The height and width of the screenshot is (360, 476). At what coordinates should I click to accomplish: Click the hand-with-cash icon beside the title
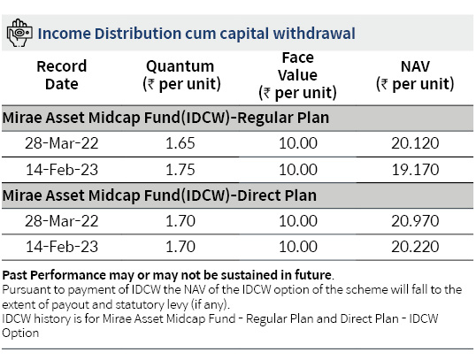coord(19,33)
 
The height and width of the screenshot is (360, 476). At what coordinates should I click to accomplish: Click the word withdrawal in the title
coord(314,33)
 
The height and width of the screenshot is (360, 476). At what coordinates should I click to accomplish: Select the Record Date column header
coord(62,75)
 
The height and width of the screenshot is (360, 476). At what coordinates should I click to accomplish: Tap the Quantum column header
coord(181,75)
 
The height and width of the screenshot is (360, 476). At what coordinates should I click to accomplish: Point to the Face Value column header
coord(297,75)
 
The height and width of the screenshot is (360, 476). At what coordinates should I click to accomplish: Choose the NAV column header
coord(415,75)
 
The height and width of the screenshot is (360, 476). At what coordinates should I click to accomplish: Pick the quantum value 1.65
coord(180,143)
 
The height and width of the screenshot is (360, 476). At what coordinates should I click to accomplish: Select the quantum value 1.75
coord(180,170)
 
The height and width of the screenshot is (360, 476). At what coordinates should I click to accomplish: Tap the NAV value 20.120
coord(415,143)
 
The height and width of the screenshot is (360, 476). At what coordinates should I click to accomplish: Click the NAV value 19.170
coord(415,170)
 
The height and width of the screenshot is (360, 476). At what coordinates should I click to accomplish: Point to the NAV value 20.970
coord(415,221)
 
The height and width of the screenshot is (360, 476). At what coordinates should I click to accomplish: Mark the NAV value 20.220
coord(415,247)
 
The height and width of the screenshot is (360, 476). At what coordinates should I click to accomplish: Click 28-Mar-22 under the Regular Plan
coord(62,143)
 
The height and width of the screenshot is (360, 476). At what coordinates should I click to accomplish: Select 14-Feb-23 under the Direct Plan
coord(62,247)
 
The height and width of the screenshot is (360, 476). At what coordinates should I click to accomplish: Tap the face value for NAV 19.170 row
coord(298,170)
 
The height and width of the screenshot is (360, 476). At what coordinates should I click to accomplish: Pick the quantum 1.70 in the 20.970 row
coord(180,221)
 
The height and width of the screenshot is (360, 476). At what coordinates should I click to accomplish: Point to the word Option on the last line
coord(20,333)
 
